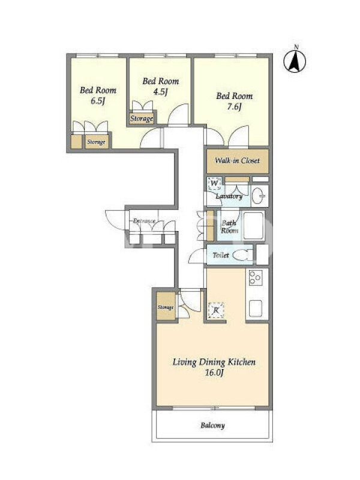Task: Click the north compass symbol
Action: [x=295, y=61]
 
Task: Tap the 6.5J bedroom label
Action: [x=98, y=95]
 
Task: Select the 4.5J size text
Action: [x=160, y=92]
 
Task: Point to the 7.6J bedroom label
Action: [x=235, y=101]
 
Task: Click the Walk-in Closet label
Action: [x=237, y=160]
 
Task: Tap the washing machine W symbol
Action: [x=214, y=184]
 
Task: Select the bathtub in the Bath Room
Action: [x=253, y=226]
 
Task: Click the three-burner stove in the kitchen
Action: [x=255, y=278]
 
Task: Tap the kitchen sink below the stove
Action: [x=255, y=308]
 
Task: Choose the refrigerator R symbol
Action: [x=216, y=310]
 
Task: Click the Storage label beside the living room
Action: [x=166, y=307]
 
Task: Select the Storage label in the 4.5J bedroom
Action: [x=142, y=118]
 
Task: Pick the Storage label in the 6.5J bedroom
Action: [x=96, y=142]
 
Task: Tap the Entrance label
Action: [x=144, y=221]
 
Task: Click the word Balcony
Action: [x=213, y=425]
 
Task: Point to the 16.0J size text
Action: [x=214, y=373]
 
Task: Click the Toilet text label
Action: [x=221, y=254]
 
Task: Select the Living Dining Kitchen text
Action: [x=214, y=362]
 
